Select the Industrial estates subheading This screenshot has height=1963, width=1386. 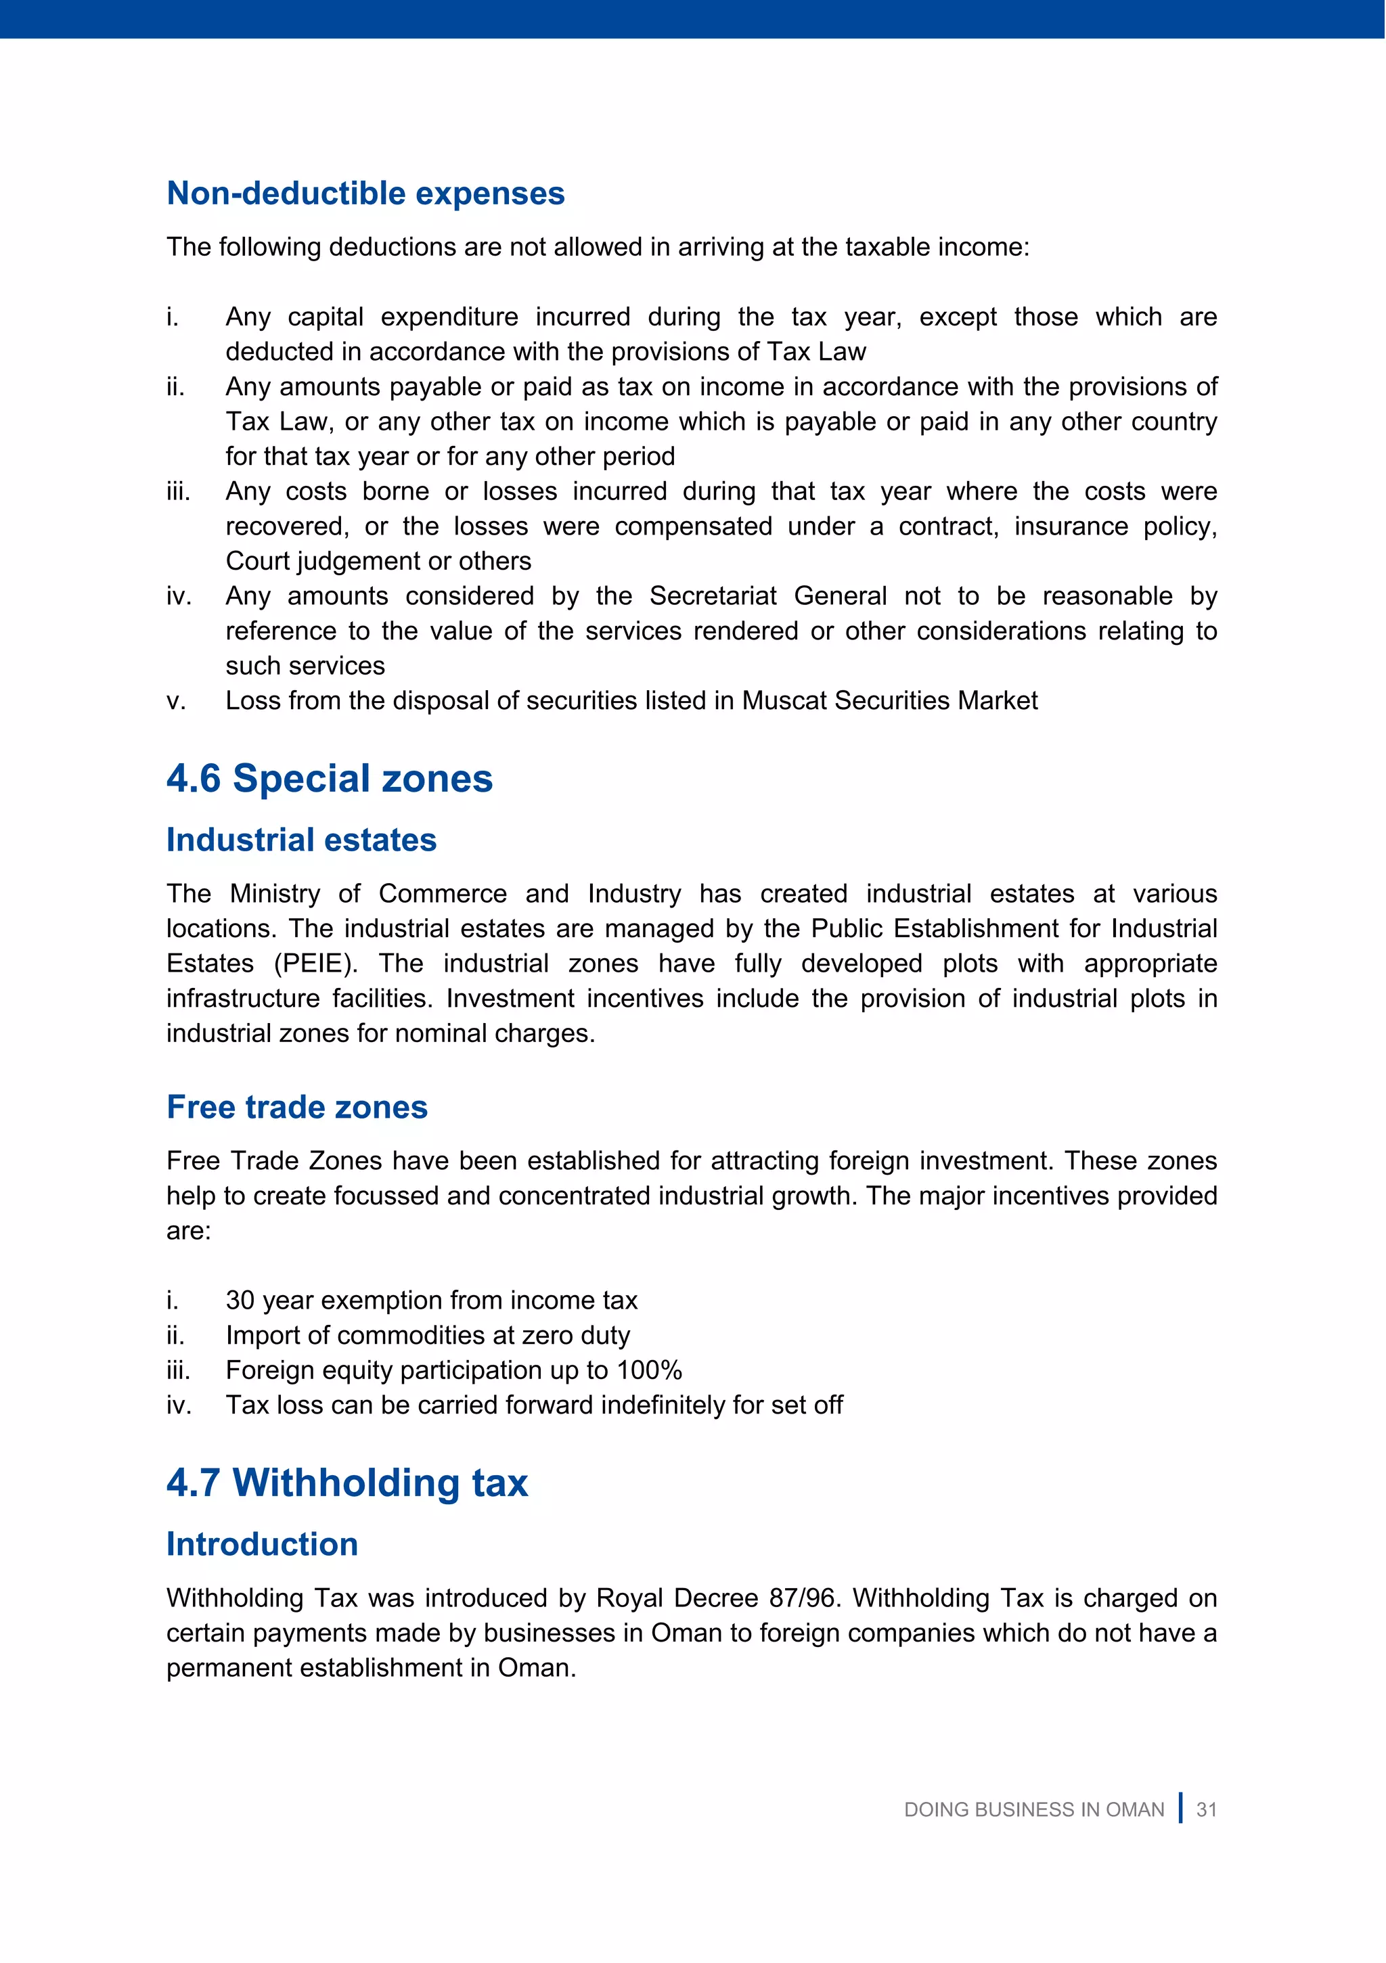click(x=301, y=840)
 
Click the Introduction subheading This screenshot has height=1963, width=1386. click(x=262, y=1544)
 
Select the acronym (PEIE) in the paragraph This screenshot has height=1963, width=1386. click(x=315, y=964)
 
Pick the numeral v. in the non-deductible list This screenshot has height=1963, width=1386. click(x=175, y=701)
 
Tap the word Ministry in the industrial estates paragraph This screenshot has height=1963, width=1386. click(x=275, y=893)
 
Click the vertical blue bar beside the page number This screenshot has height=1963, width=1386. click(x=1181, y=1807)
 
